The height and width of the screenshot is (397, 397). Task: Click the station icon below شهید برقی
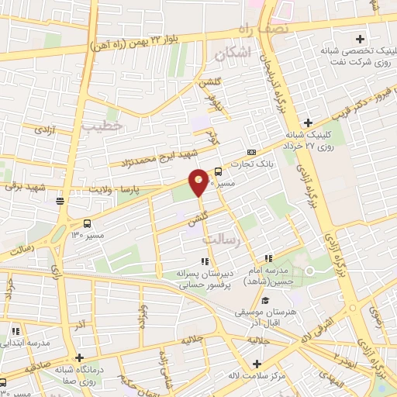(60, 202)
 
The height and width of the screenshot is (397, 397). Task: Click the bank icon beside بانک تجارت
(250, 152)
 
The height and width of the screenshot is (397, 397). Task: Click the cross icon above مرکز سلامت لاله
(257, 363)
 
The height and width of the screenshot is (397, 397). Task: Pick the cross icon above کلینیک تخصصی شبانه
(359, 39)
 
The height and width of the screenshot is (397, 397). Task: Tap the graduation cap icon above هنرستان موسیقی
(265, 301)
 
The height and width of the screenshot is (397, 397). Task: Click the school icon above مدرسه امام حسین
(268, 258)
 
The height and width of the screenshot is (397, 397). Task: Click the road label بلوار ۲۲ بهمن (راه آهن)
(146, 40)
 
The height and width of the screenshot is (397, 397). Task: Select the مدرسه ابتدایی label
(28, 342)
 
